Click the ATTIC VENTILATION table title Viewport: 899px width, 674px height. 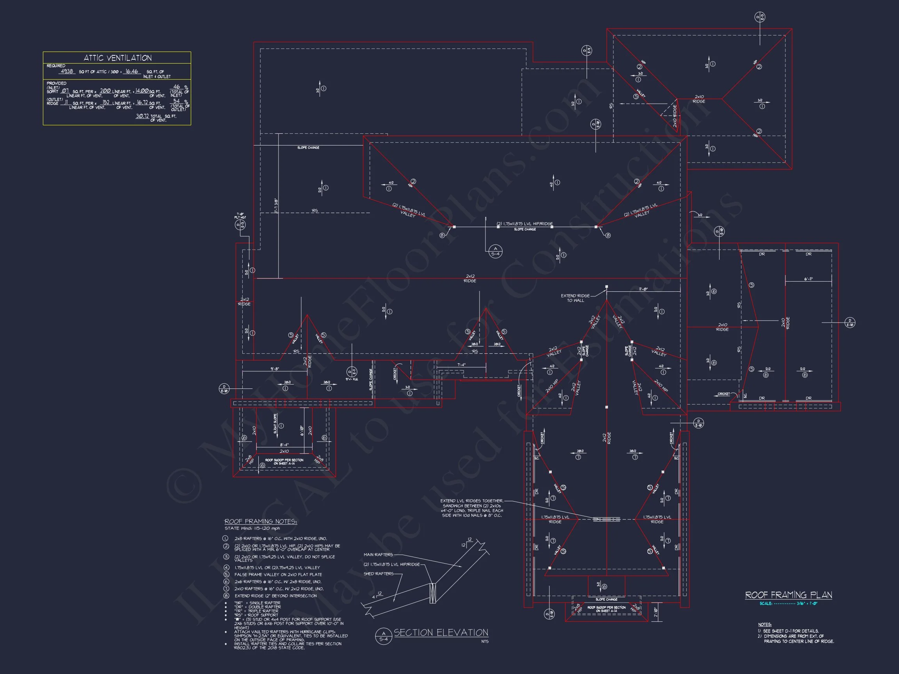pos(117,58)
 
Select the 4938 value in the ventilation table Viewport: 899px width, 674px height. pos(67,71)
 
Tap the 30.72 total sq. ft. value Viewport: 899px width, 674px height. pos(142,116)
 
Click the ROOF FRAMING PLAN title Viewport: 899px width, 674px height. pos(789,595)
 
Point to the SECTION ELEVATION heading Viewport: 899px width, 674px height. pos(441,633)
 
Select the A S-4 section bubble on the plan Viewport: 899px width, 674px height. pos(496,251)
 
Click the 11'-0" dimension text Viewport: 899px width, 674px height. pos(643,289)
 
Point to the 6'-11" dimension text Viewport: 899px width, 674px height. pos(808,279)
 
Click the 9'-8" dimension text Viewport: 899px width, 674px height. pos(275,369)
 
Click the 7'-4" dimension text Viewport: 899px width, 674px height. pos(461,365)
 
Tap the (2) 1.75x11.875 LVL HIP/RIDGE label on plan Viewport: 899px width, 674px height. pos(525,224)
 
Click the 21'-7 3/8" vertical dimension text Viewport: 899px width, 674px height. pos(276,206)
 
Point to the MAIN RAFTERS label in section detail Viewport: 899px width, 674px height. pos(378,555)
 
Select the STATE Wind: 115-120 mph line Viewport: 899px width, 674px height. pos(252,529)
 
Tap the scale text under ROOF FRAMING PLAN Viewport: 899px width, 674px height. pos(788,604)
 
